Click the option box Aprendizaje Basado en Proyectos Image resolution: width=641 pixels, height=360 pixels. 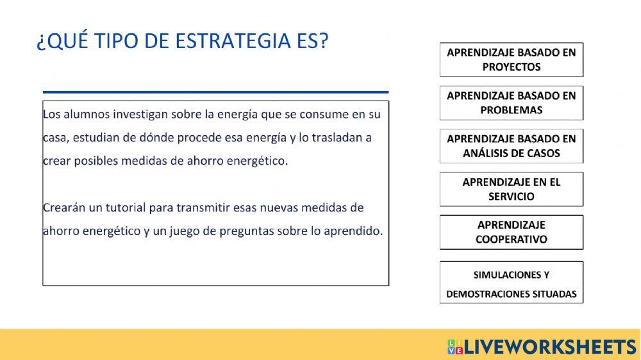[x=511, y=60]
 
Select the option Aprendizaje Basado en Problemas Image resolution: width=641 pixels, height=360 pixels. [x=511, y=102]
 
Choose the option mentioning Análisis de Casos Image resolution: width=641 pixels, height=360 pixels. [x=511, y=146]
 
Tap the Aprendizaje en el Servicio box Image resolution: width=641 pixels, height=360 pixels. [x=511, y=189]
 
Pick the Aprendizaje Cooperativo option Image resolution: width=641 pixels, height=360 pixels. [x=511, y=232]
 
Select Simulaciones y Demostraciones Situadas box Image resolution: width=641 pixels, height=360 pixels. [x=511, y=282]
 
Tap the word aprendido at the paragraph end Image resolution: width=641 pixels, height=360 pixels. [x=354, y=231]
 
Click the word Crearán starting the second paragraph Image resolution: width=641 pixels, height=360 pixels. [x=63, y=208]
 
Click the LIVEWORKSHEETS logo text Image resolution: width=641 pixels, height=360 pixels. [x=549, y=347]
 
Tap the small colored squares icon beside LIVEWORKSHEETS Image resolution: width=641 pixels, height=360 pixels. [x=455, y=347]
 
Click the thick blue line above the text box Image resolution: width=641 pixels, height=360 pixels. [x=215, y=92]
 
